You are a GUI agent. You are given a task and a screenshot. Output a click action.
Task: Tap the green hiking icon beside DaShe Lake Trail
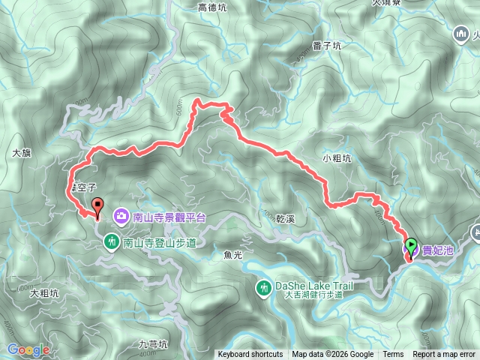coord(264,286)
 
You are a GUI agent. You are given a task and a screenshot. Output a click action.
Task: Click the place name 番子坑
coord(327,46)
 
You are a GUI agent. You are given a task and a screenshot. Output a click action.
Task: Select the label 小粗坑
coord(336,157)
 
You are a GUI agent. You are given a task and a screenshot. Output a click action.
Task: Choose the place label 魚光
coord(234,255)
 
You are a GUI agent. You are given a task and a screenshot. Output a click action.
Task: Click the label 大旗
coord(22,152)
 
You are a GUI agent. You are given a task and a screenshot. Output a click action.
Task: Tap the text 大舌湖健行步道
coord(313,295)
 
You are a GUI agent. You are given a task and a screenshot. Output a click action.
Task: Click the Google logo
coord(28,349)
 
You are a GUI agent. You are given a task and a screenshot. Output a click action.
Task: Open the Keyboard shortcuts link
coord(250,355)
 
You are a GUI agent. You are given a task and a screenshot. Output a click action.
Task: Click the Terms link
coord(393,355)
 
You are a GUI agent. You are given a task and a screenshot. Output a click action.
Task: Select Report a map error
coord(445,355)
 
